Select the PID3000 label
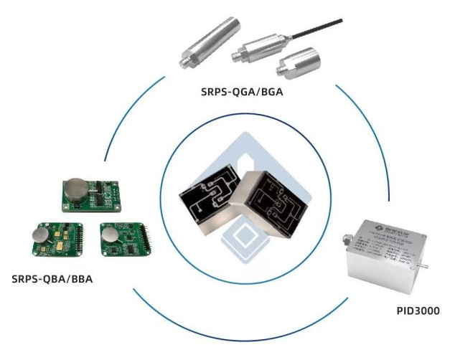coord(418,311)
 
